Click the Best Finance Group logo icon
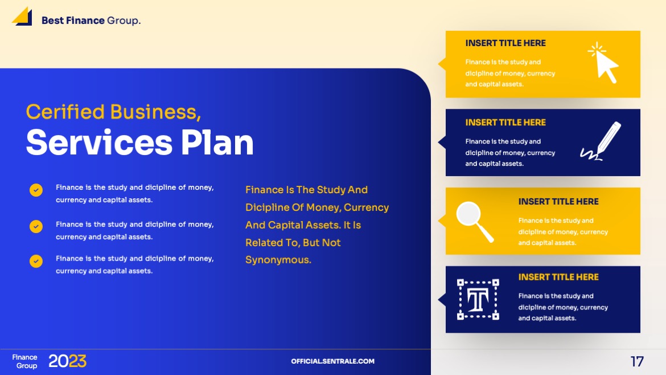[x=22, y=17]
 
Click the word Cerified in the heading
[x=65, y=112]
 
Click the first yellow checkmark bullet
[x=36, y=190]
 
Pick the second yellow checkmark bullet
[x=36, y=227]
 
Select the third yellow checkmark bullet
[x=36, y=261]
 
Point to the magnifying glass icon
[x=474, y=221]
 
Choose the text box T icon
[x=478, y=299]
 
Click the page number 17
[x=637, y=361]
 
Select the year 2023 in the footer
[x=67, y=361]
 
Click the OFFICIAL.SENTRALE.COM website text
[x=332, y=361]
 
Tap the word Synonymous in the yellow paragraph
[x=278, y=260]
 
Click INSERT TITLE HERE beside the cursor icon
[x=505, y=43]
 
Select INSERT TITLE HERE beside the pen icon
[x=505, y=123]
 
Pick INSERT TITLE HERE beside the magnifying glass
[x=558, y=202]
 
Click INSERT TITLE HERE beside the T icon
[x=558, y=277]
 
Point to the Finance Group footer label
[x=25, y=361]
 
